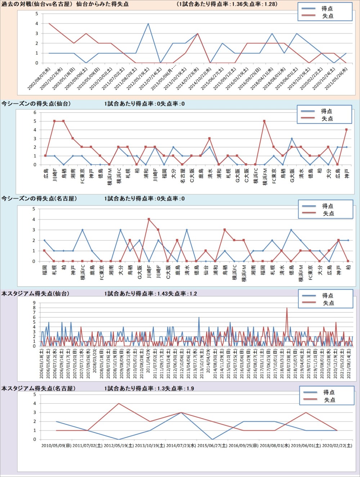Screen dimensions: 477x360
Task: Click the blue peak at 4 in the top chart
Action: pyautogui.click(x=148, y=24)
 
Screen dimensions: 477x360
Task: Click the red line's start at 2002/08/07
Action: pyautogui.click(x=49, y=24)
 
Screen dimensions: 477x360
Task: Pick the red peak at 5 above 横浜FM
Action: pyautogui.click(x=265, y=121)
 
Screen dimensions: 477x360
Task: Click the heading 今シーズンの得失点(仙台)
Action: pyautogui.click(x=36, y=104)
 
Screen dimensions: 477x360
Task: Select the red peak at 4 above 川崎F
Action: pyautogui.click(x=149, y=219)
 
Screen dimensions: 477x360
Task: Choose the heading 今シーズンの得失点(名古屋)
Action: pyautogui.click(x=39, y=199)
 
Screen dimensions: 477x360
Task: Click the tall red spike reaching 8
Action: pyautogui.click(x=287, y=308)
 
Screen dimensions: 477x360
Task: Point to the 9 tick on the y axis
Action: pyautogui.click(x=34, y=303)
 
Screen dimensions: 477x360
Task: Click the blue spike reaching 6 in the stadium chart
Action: pyautogui.click(x=199, y=318)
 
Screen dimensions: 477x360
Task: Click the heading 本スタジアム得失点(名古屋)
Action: pyautogui.click(x=38, y=389)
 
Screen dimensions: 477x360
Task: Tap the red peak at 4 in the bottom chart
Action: pyautogui.click(x=119, y=404)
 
